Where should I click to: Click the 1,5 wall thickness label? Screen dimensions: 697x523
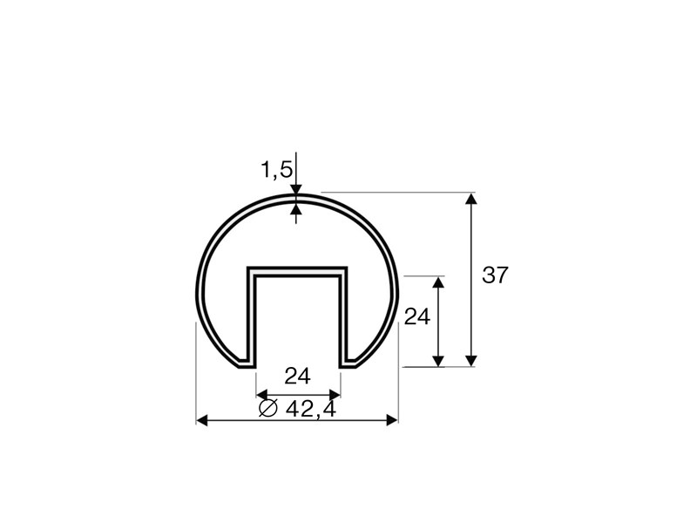(276, 170)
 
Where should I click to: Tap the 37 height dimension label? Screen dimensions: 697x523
(494, 275)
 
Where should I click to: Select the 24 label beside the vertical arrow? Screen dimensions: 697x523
(417, 317)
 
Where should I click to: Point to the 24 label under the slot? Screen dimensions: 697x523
(297, 377)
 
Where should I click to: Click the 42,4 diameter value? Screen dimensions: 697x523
(310, 409)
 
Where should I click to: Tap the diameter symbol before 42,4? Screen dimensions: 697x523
(268, 408)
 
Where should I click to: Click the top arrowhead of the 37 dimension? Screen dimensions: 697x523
(471, 198)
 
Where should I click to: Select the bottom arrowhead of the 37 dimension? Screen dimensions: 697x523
(471, 361)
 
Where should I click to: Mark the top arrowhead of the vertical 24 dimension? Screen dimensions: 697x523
(439, 282)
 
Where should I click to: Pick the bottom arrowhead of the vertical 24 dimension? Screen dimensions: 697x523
(439, 361)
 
